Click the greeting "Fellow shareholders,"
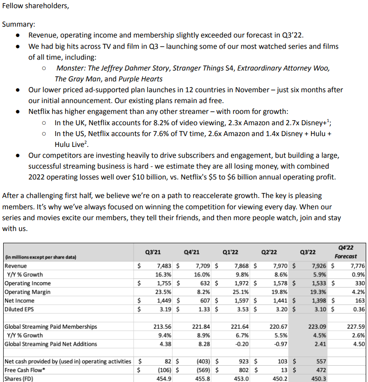(x=36, y=6)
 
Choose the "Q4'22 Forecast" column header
(x=346, y=252)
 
